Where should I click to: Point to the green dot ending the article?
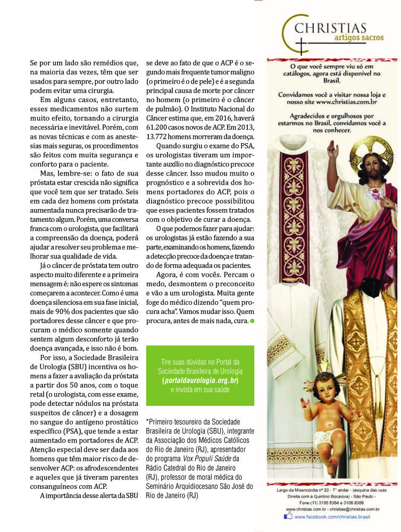(x=252, y=321)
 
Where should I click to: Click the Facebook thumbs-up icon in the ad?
(x=288, y=516)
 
